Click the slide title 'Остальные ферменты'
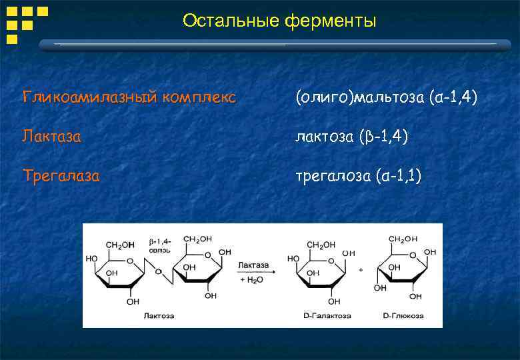279,21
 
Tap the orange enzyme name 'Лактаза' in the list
52,137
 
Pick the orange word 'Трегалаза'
61,177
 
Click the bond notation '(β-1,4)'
383,137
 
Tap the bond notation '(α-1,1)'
397,177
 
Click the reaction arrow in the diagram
254,272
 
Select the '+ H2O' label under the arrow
253,281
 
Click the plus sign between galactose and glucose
361,271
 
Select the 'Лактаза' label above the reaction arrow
253,264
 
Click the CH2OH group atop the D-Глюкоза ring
403,239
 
